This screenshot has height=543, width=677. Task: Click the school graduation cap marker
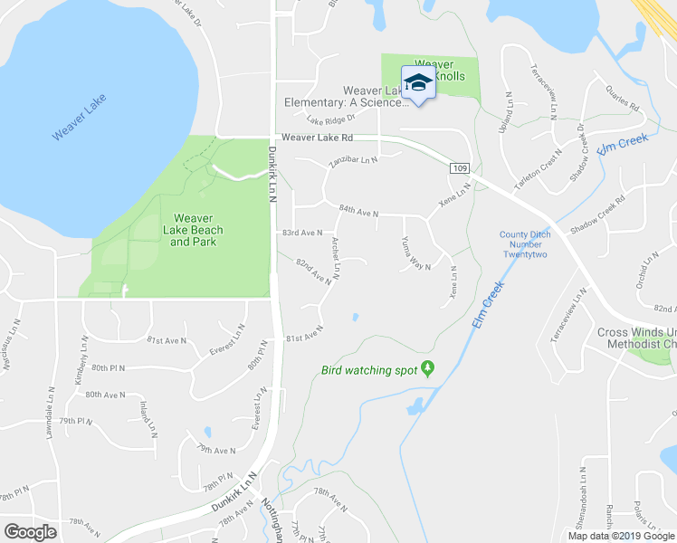tap(417, 84)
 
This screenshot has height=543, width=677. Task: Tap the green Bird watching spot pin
tap(428, 368)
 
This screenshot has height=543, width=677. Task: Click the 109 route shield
tap(459, 168)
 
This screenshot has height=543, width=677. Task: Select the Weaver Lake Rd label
tap(316, 138)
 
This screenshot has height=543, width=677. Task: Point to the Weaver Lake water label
tap(80, 122)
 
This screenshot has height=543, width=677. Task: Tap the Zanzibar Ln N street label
tap(352, 160)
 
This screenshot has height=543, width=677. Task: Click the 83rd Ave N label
tap(300, 233)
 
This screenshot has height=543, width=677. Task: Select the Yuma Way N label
tap(415, 254)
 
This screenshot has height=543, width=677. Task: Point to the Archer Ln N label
tap(336, 258)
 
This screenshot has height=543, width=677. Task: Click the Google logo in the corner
tap(31, 531)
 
